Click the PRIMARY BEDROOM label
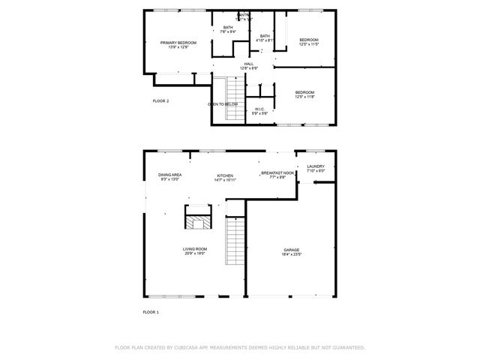[178, 43]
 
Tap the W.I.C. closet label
[260, 109]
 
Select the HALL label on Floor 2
[248, 64]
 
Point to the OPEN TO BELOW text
[223, 104]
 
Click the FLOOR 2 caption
[160, 100]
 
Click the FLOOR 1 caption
[151, 311]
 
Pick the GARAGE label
[291, 250]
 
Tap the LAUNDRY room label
[316, 166]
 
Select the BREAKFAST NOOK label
[277, 173]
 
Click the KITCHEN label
[225, 175]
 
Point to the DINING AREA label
[169, 175]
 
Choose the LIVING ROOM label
[194, 249]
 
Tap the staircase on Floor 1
[235, 240]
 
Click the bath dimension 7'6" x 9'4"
[228, 32]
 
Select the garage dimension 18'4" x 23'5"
[291, 255]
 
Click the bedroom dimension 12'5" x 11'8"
[304, 97]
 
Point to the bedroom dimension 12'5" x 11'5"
[309, 44]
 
